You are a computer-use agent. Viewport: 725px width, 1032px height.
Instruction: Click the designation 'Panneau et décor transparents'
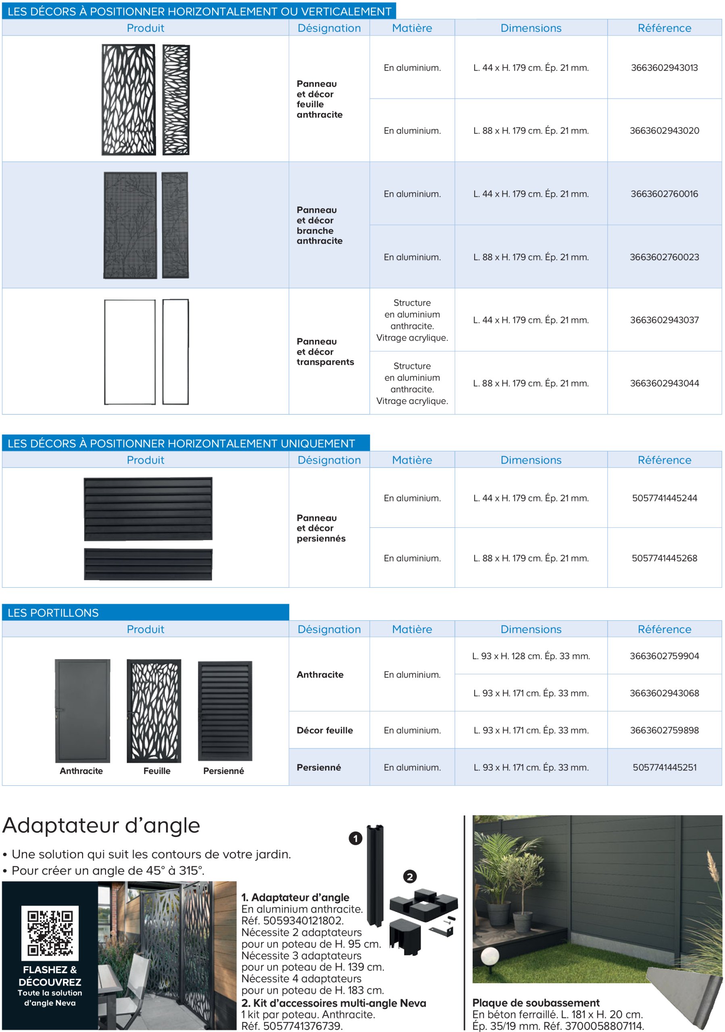(325, 352)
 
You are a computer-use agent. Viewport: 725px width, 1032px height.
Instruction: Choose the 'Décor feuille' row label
(325, 730)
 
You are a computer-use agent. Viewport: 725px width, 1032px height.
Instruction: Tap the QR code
(50, 933)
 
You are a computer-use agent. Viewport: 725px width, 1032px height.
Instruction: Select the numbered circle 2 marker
(409, 876)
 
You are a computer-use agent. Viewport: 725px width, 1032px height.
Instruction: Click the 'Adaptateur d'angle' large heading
(101, 825)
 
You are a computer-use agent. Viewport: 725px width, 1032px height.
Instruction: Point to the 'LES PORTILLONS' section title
(53, 613)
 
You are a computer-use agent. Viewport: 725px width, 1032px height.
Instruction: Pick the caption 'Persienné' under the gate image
(223, 771)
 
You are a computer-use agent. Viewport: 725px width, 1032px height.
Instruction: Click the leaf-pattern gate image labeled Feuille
(154, 711)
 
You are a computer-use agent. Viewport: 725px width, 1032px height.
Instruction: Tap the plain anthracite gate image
(82, 711)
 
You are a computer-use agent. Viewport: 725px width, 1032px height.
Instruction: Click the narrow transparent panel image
(175, 352)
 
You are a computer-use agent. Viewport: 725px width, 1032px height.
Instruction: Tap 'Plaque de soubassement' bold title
(535, 1003)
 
